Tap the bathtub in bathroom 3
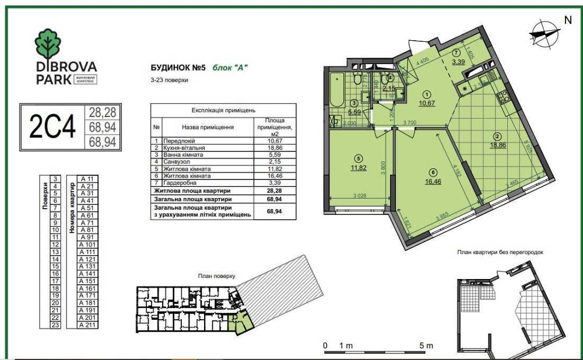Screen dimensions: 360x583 pos(335,90)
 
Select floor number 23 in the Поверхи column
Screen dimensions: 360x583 pos(55,325)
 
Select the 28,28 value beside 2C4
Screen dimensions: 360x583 pos(100,111)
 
